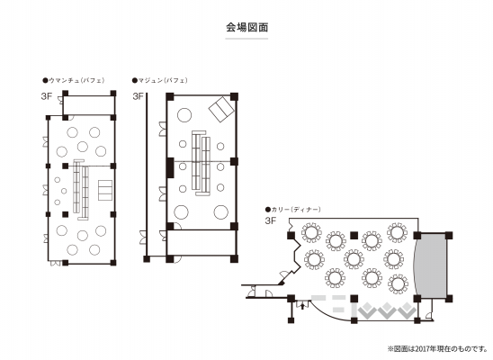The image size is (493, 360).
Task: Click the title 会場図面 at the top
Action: [x=246, y=28]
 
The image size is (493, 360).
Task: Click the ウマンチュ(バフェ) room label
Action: [x=82, y=80]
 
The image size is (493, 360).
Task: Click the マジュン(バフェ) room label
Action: [x=162, y=80]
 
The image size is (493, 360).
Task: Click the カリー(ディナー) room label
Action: [x=293, y=209]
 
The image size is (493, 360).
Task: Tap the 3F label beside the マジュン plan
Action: [x=138, y=94]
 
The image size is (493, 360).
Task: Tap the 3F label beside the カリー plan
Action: [x=270, y=220]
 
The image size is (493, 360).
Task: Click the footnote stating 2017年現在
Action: [x=437, y=348]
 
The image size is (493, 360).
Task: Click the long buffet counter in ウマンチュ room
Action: [x=81, y=188]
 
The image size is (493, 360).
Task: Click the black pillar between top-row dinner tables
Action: [x=354, y=234]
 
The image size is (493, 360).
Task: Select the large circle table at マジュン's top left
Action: [x=184, y=115]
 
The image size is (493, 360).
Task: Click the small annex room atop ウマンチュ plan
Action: [x=86, y=103]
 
